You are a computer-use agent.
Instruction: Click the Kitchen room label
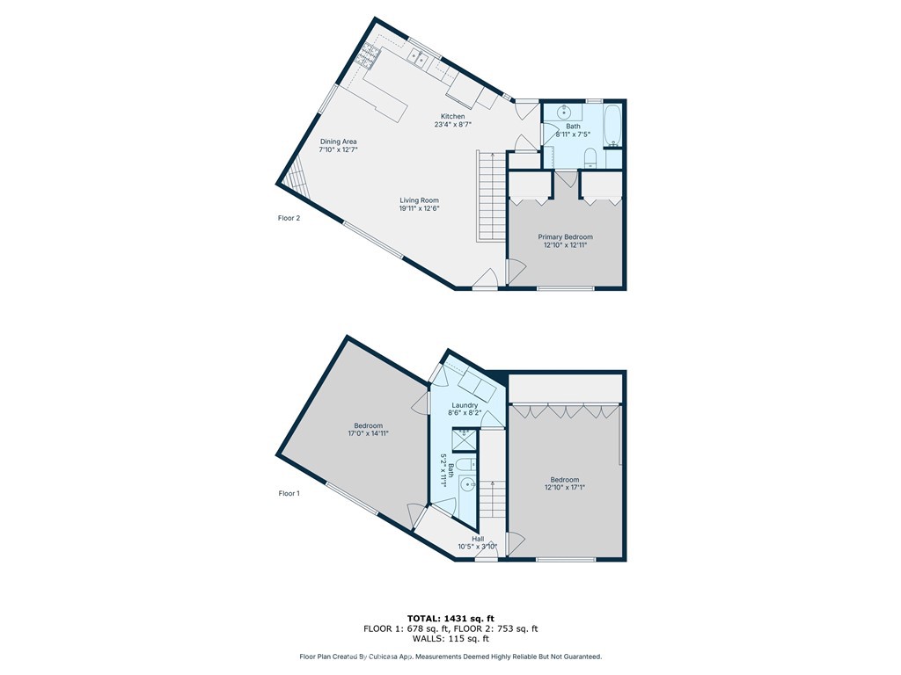coord(453,117)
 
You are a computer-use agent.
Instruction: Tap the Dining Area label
coord(339,142)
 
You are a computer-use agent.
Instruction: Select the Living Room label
coord(420,200)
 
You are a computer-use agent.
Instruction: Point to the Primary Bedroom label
coord(566,237)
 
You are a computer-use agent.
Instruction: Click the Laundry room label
coord(465,405)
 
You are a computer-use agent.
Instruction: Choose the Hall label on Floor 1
coord(478,539)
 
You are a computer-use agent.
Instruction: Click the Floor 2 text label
coord(289,218)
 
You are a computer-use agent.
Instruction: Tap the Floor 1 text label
coord(289,493)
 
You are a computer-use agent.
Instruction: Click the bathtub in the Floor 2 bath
coord(613,125)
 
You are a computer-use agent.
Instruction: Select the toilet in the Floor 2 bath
coord(590,158)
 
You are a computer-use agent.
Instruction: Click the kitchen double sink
coord(419,57)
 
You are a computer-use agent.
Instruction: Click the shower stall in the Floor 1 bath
coord(465,439)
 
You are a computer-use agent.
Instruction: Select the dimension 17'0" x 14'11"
coord(368,433)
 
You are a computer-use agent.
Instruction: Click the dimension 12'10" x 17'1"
coord(566,487)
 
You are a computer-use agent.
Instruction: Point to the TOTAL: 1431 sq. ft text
coord(450,618)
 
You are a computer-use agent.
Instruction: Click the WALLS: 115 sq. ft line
coord(450,638)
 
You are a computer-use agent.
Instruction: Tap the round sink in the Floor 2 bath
coord(564,111)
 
